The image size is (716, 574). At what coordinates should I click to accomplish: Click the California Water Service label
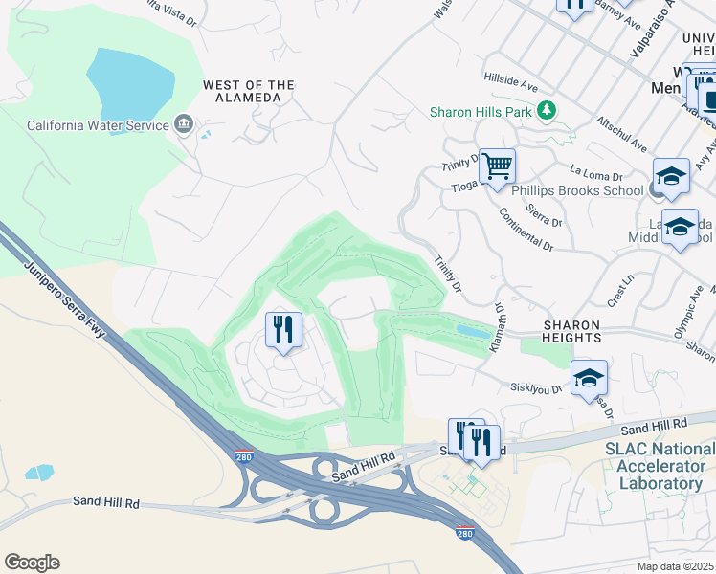point(96,125)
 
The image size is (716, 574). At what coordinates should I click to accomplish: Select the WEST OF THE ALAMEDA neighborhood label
point(248,92)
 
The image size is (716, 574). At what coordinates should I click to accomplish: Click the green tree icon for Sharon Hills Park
point(547,112)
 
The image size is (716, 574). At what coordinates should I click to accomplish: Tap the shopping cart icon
point(497,166)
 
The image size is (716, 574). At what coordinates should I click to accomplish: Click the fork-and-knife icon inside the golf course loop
point(283,331)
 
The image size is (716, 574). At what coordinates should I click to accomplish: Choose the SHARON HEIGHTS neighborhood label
point(572,331)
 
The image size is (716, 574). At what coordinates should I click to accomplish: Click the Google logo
point(32,562)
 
